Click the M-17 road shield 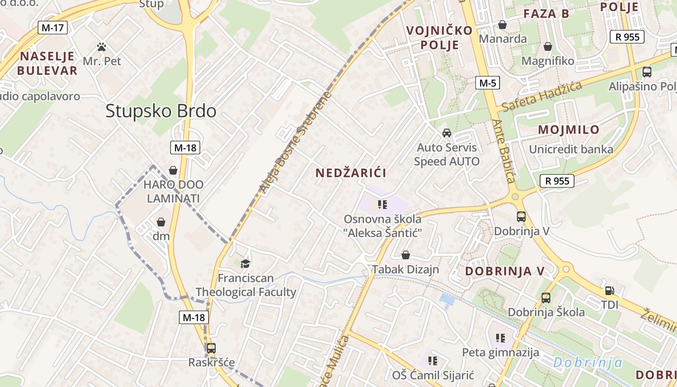[x=53, y=28]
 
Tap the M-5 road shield [x=487, y=83]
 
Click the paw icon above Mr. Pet [x=102, y=47]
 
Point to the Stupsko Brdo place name [x=161, y=111]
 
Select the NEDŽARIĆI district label [x=351, y=173]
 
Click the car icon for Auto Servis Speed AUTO [x=447, y=133]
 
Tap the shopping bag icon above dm [x=161, y=222]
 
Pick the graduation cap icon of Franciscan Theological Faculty [x=246, y=264]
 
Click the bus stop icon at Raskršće [x=211, y=348]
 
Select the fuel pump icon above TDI [x=610, y=291]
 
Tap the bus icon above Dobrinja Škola [x=546, y=298]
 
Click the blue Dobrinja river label [x=588, y=362]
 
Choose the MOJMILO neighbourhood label [x=569, y=130]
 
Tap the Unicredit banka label [x=571, y=149]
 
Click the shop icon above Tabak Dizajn [x=406, y=255]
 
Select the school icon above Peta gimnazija [x=500, y=338]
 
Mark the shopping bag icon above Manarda [x=502, y=25]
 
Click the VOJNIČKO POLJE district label [x=440, y=38]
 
